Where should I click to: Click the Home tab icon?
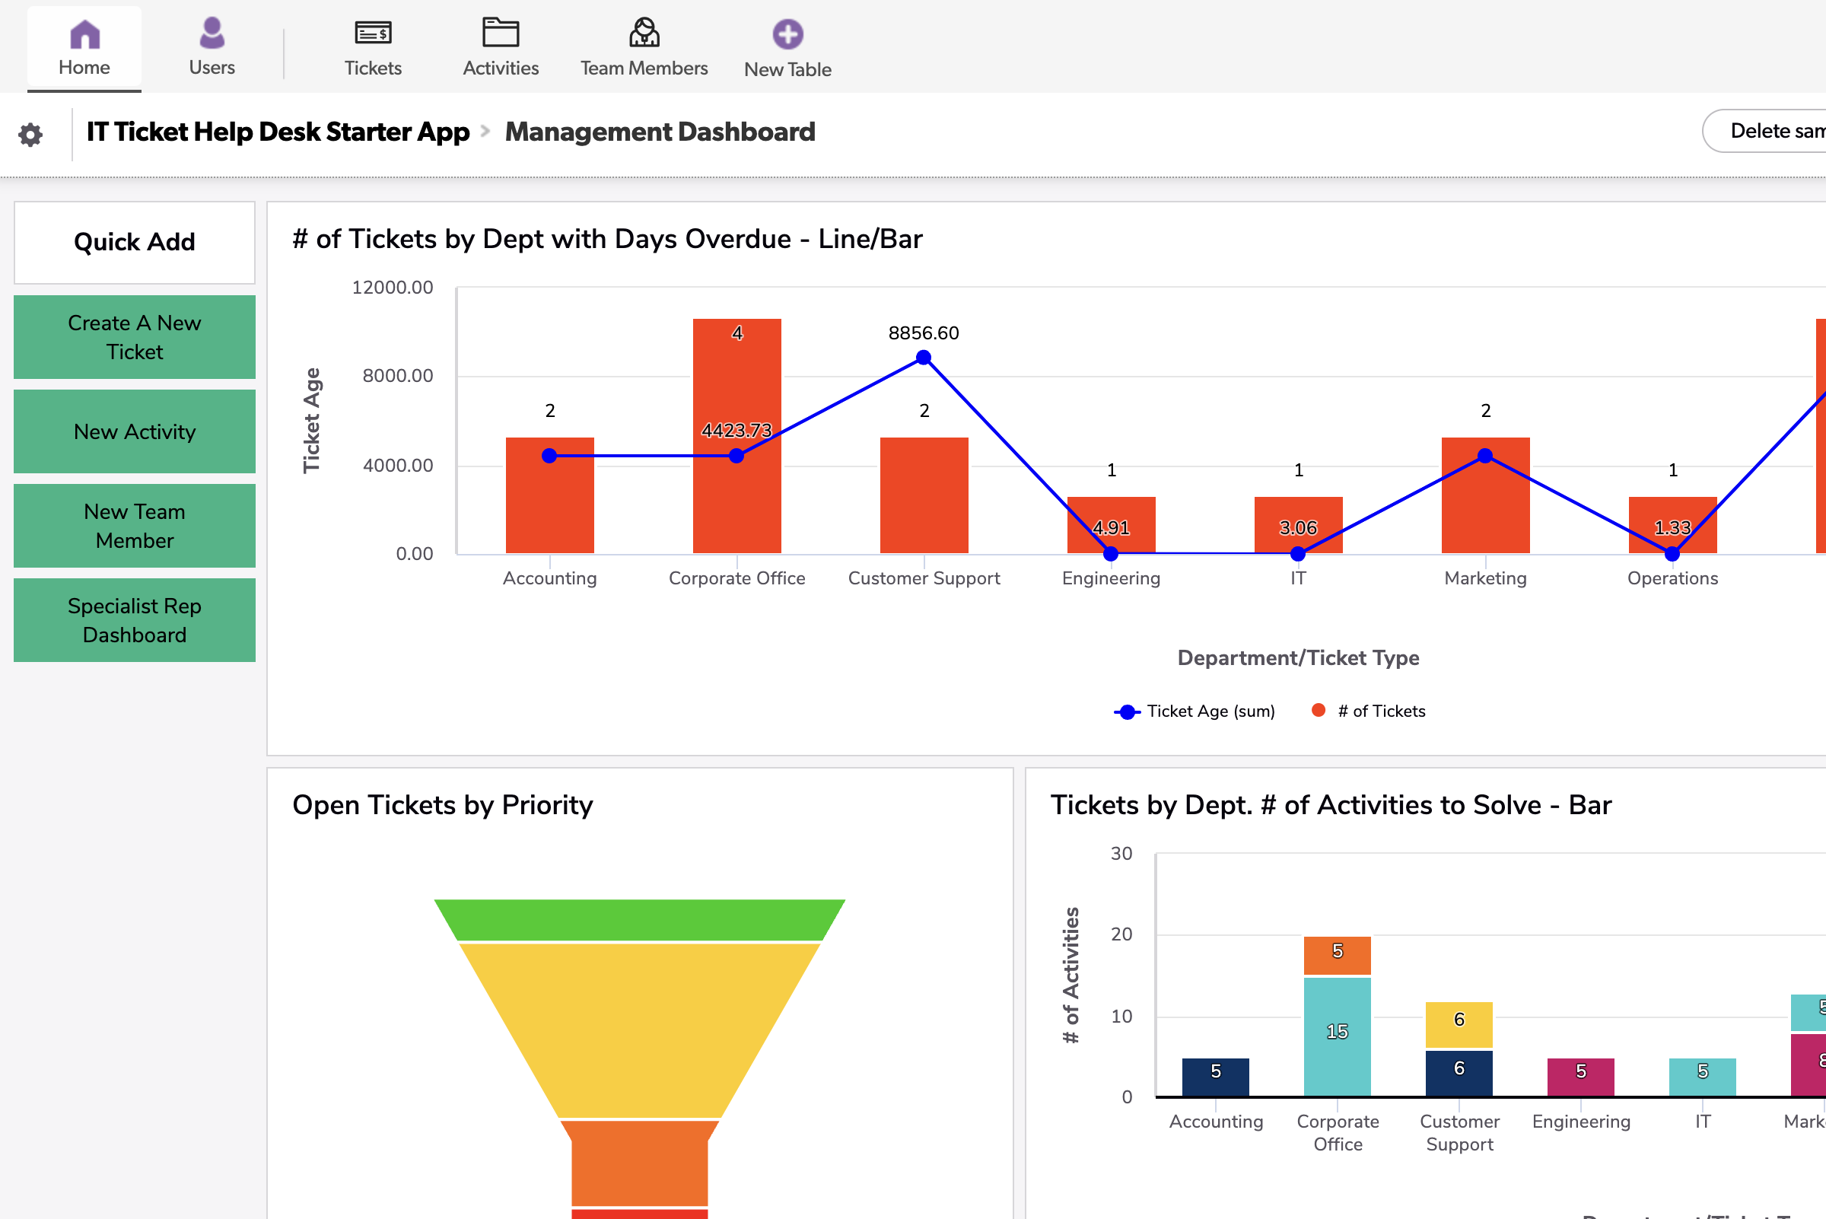(84, 35)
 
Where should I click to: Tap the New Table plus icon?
(787, 35)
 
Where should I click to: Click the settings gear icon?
(30, 135)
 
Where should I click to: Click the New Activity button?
(135, 431)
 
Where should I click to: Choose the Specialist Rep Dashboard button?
(135, 620)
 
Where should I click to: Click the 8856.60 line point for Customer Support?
(924, 358)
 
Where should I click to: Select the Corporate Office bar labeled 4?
(737, 373)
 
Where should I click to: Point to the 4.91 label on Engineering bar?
(1111, 528)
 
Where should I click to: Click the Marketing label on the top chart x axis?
(1484, 578)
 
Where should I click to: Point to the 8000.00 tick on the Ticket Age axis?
(398, 376)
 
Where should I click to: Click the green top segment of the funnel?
(639, 920)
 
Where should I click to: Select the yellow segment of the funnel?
(639, 1026)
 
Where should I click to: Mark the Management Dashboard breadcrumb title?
(659, 132)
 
